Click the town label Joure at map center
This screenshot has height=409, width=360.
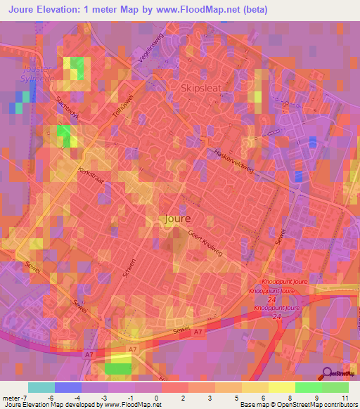[x=175, y=219]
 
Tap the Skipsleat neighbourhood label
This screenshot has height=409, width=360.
[x=202, y=89]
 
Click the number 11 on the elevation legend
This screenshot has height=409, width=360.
[x=345, y=397]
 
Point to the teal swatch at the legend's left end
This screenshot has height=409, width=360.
[x=41, y=387]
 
